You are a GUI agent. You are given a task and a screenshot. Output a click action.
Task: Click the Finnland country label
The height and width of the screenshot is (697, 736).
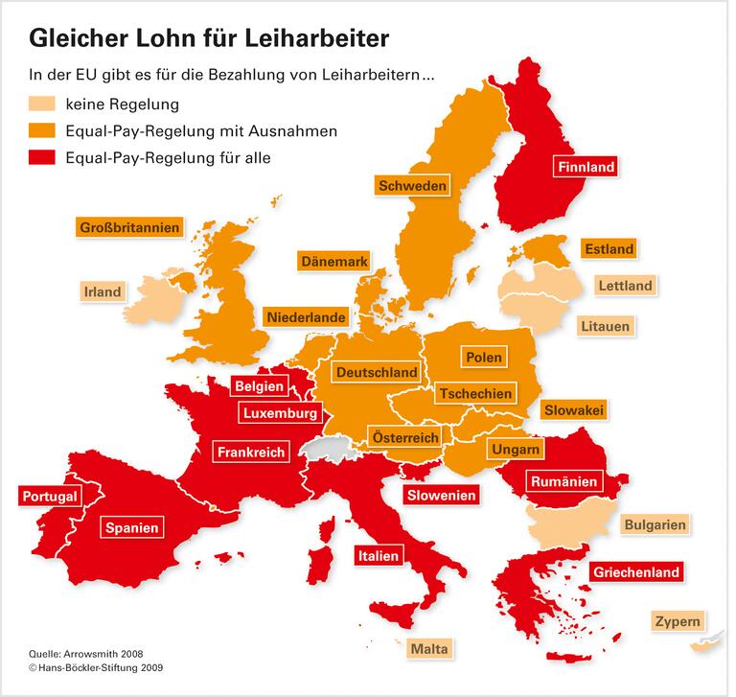point(586,167)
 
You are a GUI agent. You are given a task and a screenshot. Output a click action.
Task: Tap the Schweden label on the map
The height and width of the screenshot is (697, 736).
point(412,185)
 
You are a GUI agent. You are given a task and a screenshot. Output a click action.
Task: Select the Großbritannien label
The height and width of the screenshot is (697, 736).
point(128,228)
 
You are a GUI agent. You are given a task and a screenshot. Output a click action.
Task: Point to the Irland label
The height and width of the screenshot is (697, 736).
point(103,291)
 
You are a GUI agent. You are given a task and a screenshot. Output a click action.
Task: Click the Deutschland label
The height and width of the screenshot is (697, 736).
point(376,372)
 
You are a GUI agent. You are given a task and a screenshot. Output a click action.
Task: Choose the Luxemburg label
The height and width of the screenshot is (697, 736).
point(280,414)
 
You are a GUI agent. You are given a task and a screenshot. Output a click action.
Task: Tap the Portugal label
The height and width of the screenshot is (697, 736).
point(47,497)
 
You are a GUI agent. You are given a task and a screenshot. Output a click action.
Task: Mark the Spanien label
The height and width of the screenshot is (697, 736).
point(131,526)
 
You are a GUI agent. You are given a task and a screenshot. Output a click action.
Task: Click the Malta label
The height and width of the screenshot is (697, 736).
point(428,649)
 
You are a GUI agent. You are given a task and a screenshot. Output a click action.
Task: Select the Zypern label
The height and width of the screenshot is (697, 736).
point(678,620)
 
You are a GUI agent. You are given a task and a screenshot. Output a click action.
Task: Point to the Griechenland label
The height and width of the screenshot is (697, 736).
point(636,572)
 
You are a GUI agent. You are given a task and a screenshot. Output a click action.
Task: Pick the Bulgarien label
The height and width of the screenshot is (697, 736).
point(655,525)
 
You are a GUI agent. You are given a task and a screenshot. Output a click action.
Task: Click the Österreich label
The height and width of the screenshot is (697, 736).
point(405,437)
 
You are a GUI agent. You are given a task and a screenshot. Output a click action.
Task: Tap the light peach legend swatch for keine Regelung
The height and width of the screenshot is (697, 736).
point(43,104)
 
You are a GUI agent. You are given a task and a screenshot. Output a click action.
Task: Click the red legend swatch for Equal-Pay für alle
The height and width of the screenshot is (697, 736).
point(43,157)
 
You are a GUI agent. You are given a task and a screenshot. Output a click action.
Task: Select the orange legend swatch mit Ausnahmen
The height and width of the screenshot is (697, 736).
point(43,130)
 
